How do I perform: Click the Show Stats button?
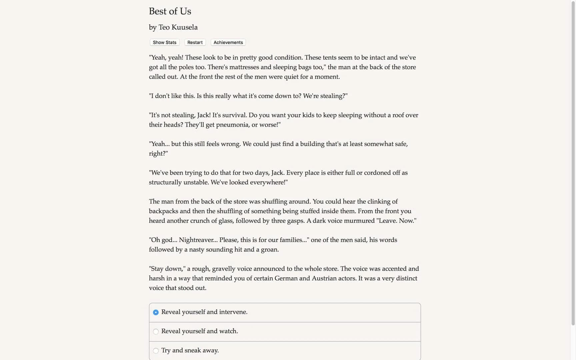click(x=165, y=42)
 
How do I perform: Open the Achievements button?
click(x=228, y=42)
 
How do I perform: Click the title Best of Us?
click(x=170, y=11)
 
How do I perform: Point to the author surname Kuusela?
click(x=184, y=27)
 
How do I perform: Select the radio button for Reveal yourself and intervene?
click(x=156, y=312)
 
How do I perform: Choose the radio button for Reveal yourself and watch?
click(x=156, y=332)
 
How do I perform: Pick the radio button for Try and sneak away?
click(x=156, y=351)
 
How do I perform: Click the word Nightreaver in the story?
click(x=198, y=240)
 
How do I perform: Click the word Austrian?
click(x=324, y=278)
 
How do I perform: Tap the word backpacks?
click(x=163, y=211)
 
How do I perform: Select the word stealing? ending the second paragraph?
click(x=334, y=96)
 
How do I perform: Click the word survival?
click(x=235, y=115)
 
